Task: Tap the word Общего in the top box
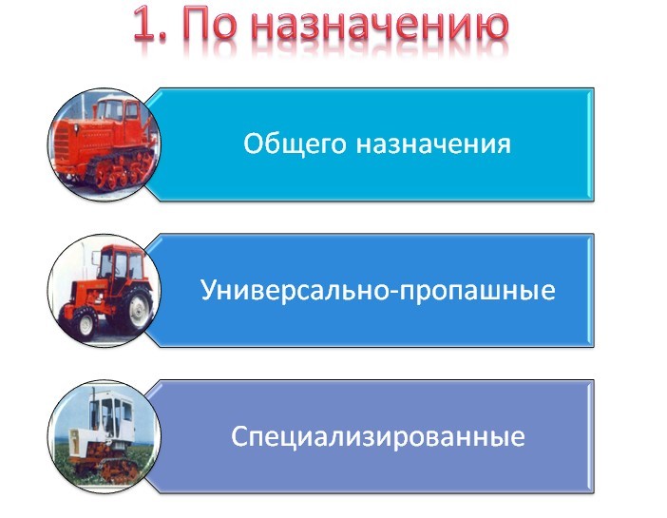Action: (295, 144)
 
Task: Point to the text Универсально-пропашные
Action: (377, 290)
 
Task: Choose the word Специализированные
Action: (377, 437)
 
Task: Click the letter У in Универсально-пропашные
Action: (206, 290)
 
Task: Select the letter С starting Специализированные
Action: (239, 437)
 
